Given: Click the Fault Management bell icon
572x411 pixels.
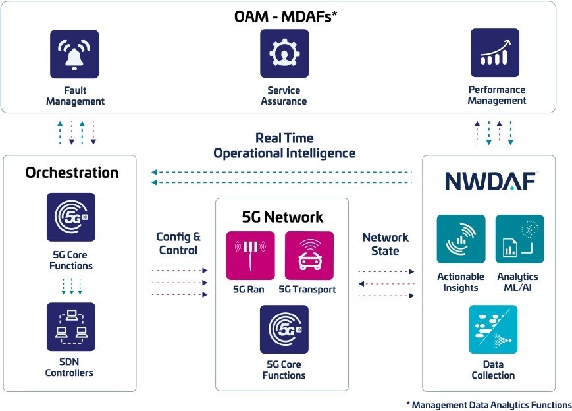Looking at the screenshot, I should (x=74, y=54).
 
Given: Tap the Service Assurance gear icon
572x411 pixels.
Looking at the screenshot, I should (x=284, y=54).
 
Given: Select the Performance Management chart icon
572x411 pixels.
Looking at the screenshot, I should (x=495, y=53).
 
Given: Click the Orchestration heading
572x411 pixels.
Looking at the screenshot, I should (x=72, y=173).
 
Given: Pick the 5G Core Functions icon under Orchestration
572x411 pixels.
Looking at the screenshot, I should (x=70, y=217).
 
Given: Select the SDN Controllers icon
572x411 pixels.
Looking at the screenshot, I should (x=70, y=327).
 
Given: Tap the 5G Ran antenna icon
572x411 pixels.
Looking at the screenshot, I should (x=250, y=256).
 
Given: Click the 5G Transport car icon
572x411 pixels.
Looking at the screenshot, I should (x=309, y=256).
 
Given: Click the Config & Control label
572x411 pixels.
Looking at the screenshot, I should (x=178, y=244).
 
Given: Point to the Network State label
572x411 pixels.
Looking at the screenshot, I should (x=385, y=244).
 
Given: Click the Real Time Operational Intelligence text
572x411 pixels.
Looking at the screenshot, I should (x=284, y=146).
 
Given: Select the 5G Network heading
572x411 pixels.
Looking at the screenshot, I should (x=282, y=217).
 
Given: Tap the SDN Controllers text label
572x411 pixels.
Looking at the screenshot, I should (x=69, y=368).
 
